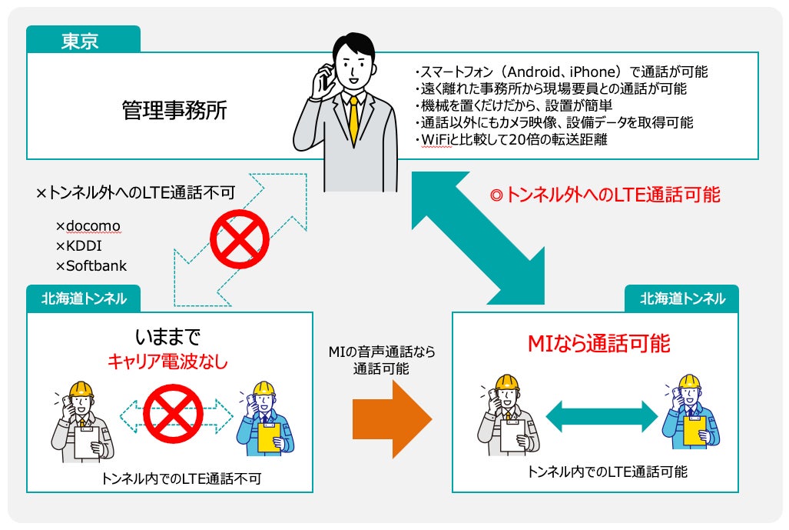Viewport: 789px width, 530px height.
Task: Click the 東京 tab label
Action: pyautogui.click(x=80, y=40)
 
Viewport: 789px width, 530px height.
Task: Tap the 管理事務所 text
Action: pyautogui.click(x=174, y=111)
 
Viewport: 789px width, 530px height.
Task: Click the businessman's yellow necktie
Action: pyautogui.click(x=353, y=119)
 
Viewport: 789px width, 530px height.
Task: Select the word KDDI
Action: pyautogui.click(x=84, y=246)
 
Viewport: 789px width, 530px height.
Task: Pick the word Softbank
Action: pyautogui.click(x=96, y=266)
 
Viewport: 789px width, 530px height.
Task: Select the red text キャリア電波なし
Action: pyautogui.click(x=167, y=362)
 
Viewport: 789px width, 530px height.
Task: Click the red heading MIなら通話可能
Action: pyautogui.click(x=598, y=344)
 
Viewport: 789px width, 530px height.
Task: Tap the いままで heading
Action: pyautogui.click(x=167, y=337)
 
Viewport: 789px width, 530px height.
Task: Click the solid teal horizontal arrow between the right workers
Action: pyautogui.click(x=602, y=418)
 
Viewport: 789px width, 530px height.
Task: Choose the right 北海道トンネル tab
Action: pyautogui.click(x=682, y=298)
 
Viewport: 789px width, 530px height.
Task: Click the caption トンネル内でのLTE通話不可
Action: pyautogui.click(x=181, y=478)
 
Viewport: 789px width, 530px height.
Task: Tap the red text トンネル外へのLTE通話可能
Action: pyautogui.click(x=605, y=195)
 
